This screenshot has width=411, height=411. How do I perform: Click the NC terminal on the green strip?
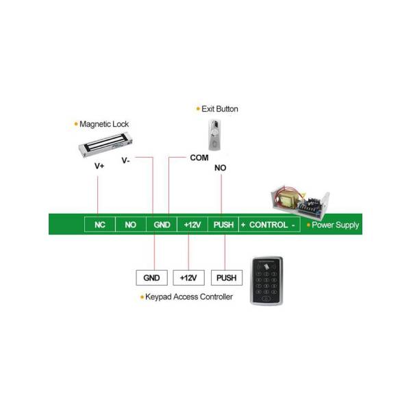100,225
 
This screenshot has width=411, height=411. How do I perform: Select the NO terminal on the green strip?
131,225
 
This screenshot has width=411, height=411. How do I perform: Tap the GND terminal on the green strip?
162,225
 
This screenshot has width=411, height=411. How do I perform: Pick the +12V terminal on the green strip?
192,225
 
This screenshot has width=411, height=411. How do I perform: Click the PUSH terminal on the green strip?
223,225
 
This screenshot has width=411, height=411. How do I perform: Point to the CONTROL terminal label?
269,225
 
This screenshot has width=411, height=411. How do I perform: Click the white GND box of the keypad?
152,277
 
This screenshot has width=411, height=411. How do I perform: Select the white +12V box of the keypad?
189,277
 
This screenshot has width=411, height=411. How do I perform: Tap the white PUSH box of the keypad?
227,277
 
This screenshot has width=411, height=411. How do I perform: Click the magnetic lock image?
105,145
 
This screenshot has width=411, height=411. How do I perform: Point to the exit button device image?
214,135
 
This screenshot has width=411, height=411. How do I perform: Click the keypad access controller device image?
266,281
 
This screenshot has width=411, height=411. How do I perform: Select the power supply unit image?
300,202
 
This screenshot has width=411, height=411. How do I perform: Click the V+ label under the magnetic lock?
99,166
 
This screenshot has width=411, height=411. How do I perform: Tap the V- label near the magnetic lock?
125,160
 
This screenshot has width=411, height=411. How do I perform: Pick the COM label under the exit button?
199,158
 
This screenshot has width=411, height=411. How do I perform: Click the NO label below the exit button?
220,168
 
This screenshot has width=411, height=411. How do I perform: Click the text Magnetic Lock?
104,124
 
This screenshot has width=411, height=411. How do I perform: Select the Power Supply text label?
335,225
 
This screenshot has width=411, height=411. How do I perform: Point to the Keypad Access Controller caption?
189,297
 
